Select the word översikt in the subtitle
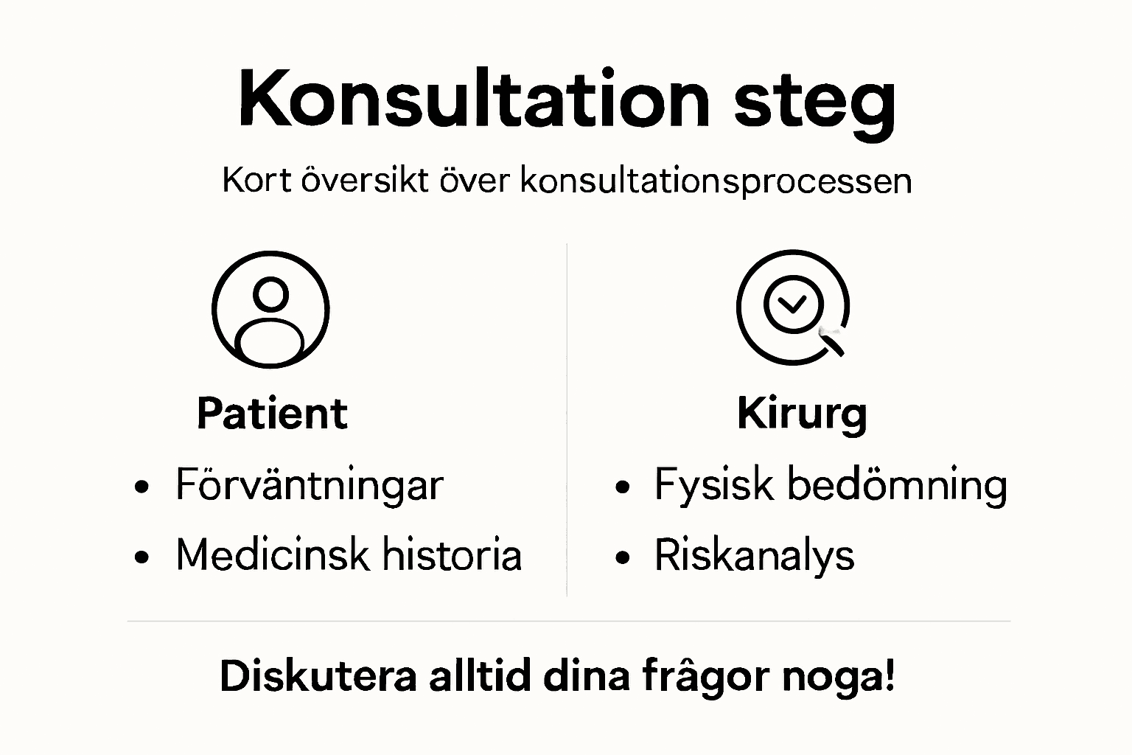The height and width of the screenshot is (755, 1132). coord(365,181)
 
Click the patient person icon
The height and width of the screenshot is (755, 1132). coord(270,310)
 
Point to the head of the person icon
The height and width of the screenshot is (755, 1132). coord(270,294)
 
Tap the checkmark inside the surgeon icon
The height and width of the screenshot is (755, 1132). coord(793,303)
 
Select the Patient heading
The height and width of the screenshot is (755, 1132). coord(271,414)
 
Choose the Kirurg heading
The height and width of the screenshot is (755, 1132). coord(802,414)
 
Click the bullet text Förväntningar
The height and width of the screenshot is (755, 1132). coord(309,486)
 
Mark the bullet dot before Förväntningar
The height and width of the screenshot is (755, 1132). coord(142,487)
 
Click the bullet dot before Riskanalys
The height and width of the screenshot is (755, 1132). coord(623,557)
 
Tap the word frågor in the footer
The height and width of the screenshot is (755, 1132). coord(705,677)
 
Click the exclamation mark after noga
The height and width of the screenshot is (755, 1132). coord(890,674)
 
